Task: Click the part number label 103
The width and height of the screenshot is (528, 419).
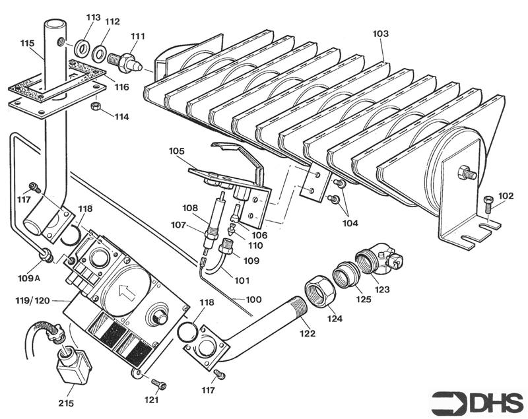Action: (x=381, y=34)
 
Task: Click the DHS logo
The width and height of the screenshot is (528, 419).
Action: (x=477, y=403)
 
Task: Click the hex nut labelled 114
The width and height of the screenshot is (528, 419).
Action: (x=95, y=105)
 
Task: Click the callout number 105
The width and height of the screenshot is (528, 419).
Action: (x=176, y=150)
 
